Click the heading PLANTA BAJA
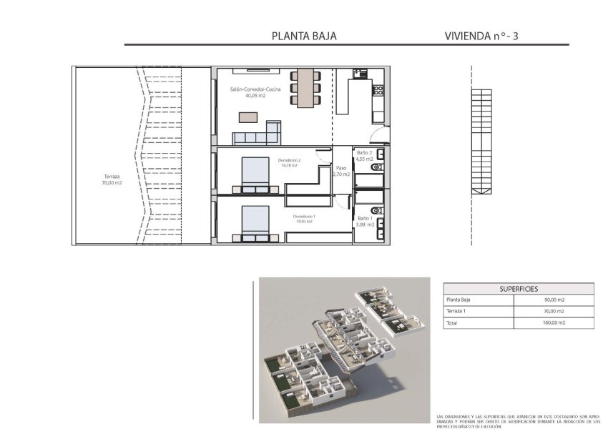tap(304, 36)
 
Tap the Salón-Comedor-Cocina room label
tap(246, 92)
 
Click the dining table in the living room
tap(305, 87)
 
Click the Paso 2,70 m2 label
tap(341, 172)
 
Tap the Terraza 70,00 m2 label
tap(112, 179)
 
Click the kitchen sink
tap(360, 74)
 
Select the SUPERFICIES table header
tap(519, 289)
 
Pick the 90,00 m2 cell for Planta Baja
tap(554, 300)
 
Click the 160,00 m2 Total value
tap(554, 322)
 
